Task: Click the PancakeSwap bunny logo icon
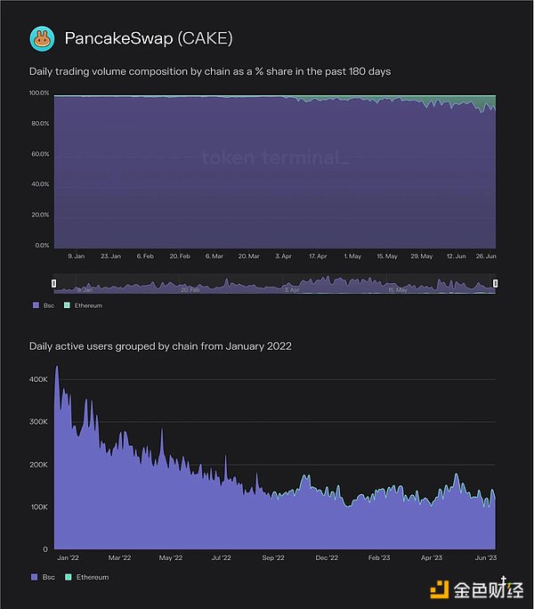41,37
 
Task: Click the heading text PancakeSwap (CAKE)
149,38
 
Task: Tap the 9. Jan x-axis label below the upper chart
75,256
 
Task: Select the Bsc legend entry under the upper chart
42,305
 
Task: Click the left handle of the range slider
54,284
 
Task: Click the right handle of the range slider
496,284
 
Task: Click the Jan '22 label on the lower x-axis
67,558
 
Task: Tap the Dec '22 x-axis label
327,558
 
